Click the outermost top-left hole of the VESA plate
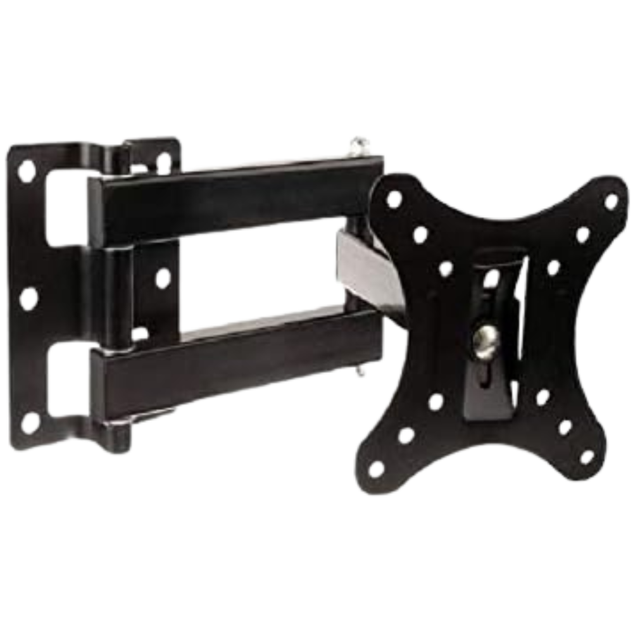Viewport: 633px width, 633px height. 394,199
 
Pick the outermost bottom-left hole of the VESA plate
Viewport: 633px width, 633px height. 377,469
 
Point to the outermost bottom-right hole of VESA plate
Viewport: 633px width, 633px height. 587,456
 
